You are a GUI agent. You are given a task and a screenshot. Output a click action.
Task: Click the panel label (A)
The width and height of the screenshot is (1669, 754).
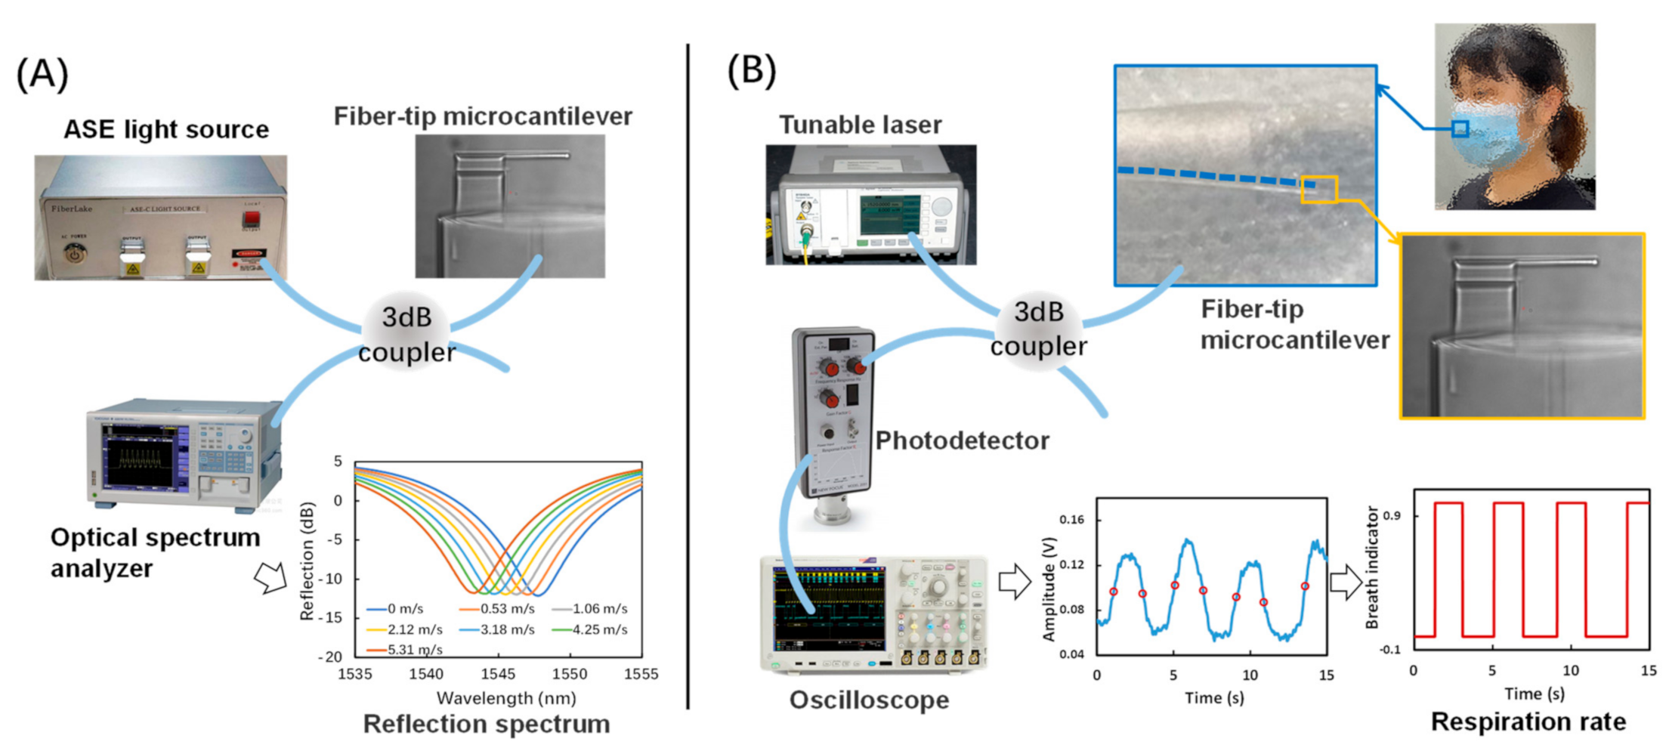42,74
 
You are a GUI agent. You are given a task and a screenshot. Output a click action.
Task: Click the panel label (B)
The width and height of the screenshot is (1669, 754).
751,70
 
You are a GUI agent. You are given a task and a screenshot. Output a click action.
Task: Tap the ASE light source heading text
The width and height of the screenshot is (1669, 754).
166,129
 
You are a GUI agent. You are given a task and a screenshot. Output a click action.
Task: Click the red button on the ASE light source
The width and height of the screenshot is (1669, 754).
251,219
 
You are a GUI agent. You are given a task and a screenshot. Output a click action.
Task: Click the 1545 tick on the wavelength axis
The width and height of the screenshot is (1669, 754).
498,674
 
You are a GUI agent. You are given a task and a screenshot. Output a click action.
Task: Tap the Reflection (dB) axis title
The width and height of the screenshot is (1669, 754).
307,561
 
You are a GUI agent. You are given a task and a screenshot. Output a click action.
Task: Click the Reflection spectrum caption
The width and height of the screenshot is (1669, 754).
487,724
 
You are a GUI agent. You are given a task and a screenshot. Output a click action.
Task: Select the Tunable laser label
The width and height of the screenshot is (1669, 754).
861,125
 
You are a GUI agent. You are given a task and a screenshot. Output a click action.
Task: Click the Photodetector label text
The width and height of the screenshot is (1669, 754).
962,440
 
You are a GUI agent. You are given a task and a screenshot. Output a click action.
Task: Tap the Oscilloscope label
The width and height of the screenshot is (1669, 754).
869,700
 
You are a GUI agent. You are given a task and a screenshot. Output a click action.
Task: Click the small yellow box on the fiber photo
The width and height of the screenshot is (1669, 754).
1319,190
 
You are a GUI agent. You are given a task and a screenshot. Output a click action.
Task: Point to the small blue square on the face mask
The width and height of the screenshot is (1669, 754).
1460,129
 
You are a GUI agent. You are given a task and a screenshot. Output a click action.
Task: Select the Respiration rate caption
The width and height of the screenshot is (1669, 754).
1528,722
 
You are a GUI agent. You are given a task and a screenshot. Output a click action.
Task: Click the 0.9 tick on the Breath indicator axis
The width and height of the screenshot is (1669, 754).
1392,516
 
